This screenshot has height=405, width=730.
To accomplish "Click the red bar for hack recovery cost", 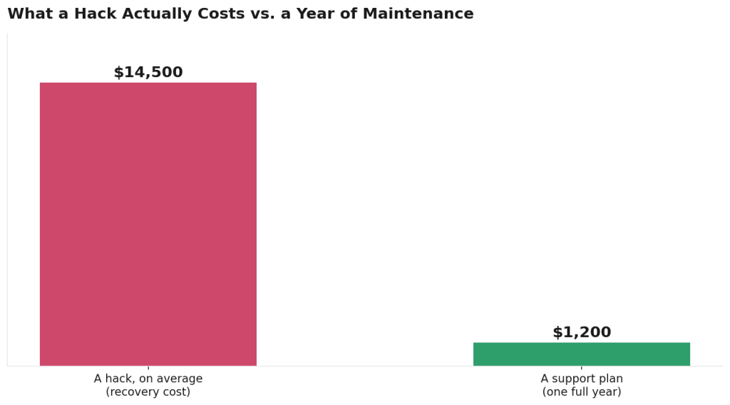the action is pos(148,224).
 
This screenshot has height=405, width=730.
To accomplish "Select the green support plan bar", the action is pos(582,354).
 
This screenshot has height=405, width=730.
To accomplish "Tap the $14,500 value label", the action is pos(148,72).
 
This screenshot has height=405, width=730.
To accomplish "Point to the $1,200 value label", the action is pos(582,332).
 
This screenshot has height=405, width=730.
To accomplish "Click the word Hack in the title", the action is pos(96,14).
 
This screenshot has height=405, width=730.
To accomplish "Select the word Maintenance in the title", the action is pos(418,14).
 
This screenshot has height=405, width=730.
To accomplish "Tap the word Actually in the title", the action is pos(158,14).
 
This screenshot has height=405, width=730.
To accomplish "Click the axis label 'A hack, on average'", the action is pos(148,379).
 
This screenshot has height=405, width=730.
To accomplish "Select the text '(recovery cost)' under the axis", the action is pos(148,391).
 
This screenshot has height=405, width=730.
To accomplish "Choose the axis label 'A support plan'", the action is pos(582,379).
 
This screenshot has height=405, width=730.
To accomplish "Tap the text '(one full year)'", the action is pos(582,391).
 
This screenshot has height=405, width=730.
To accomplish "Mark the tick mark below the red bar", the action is pos(148,368).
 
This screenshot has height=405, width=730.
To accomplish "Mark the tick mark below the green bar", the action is pos(582,368).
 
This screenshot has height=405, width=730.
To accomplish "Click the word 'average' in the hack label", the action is pos(185,379).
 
